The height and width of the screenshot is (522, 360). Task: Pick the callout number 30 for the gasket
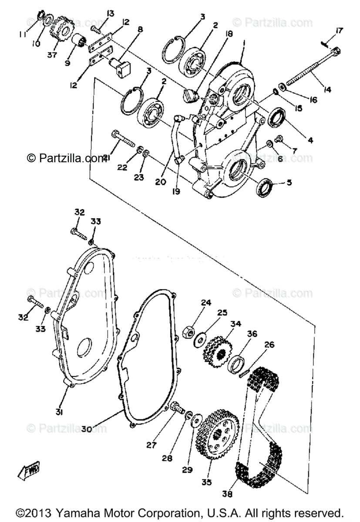pyautogui.click(x=86, y=428)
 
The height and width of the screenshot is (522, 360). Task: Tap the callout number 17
pyautogui.click(x=339, y=30)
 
